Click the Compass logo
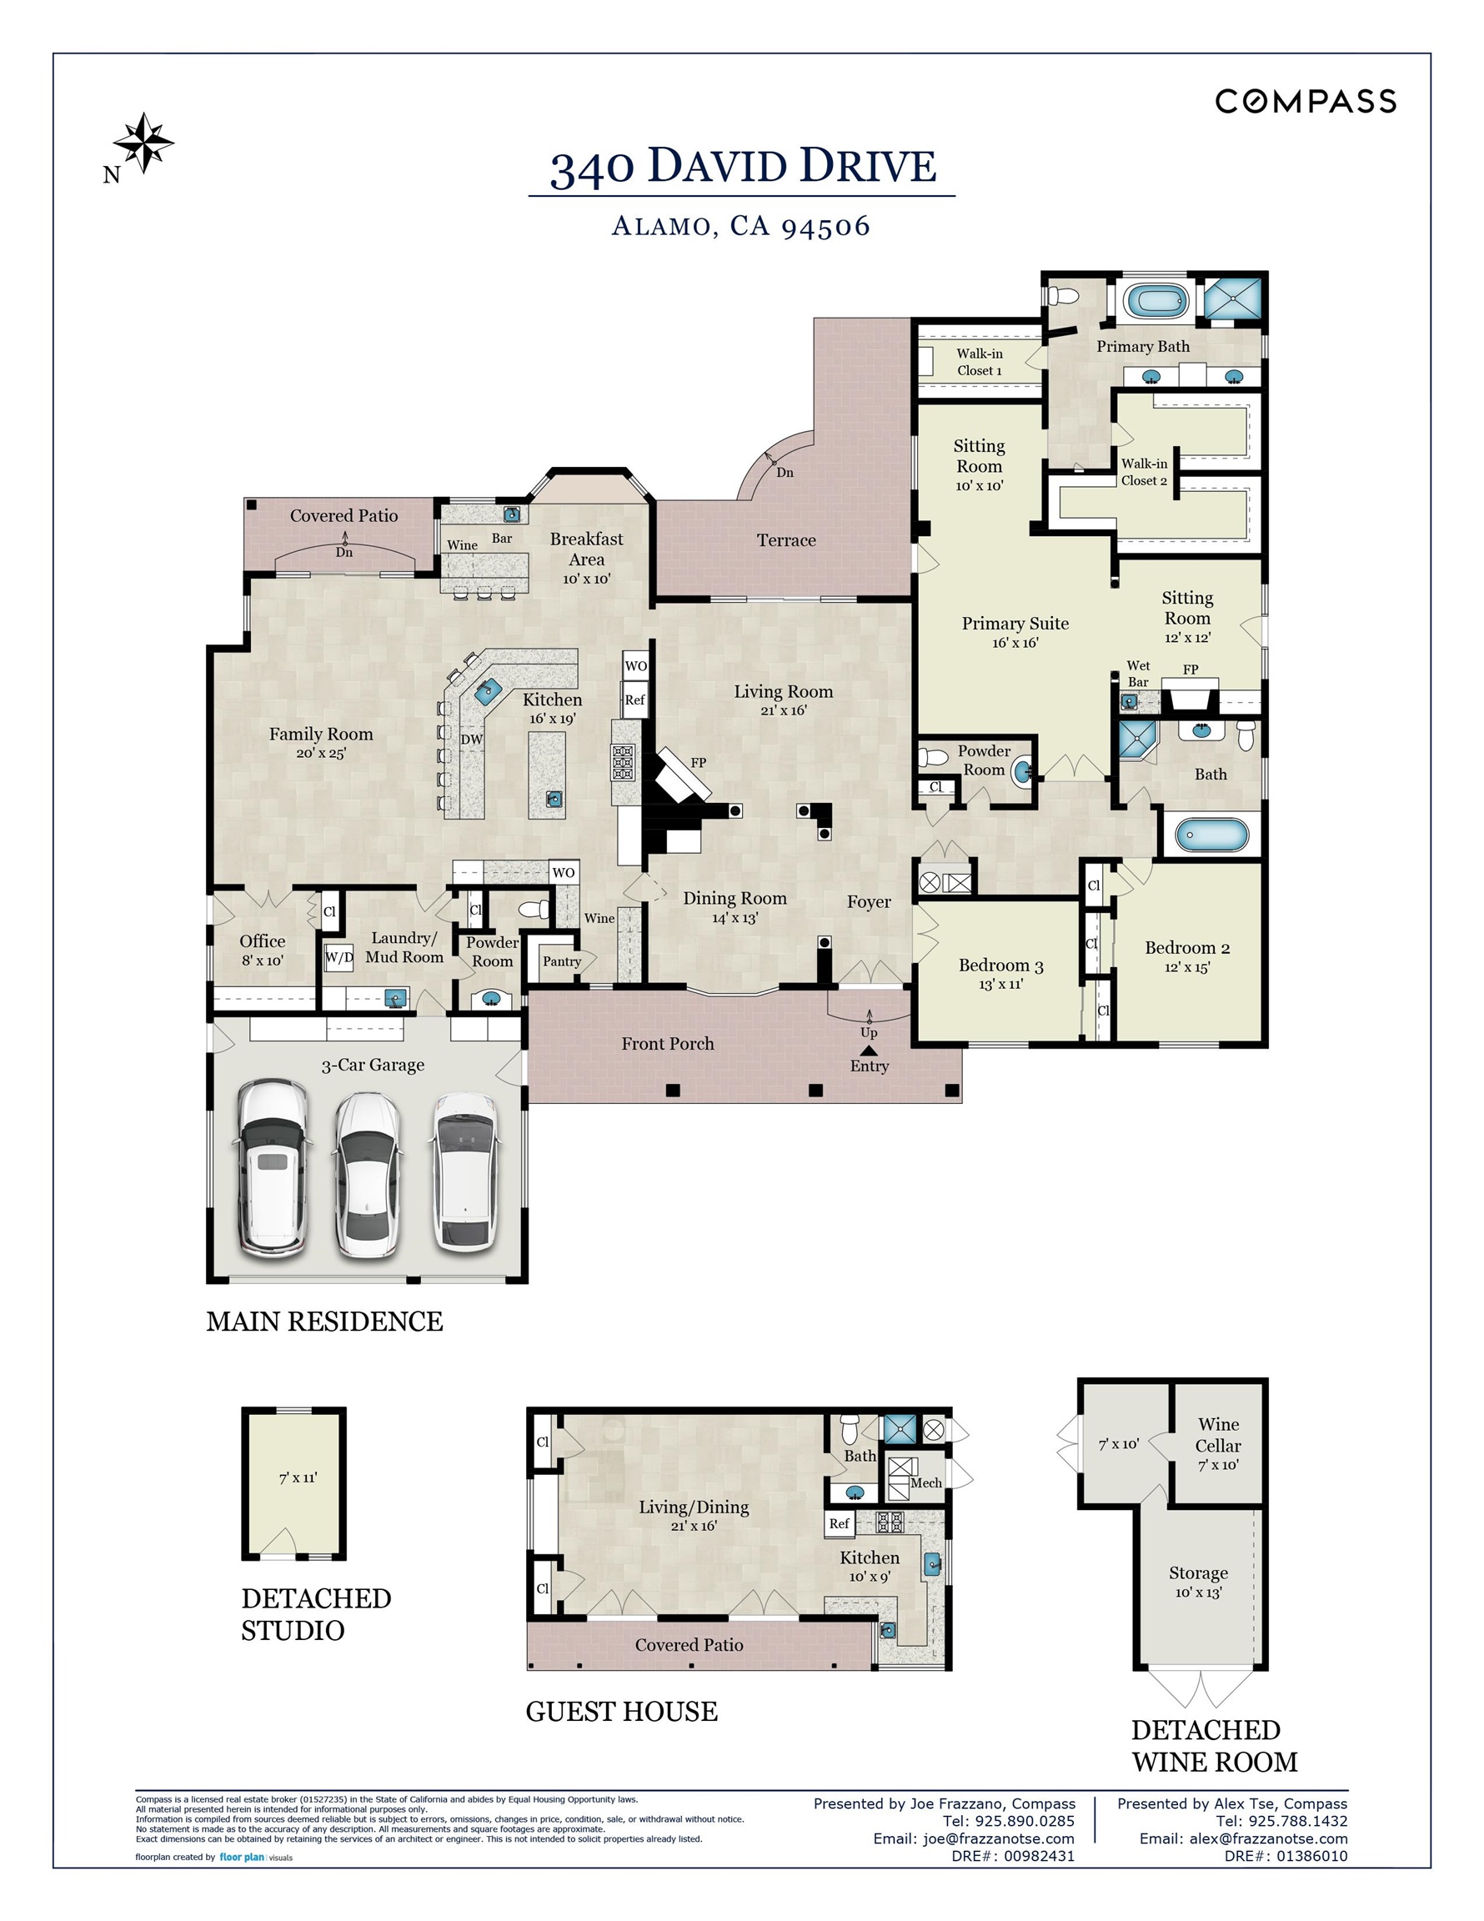pyautogui.click(x=1305, y=102)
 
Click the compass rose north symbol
pyautogui.click(x=143, y=143)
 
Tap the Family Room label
pyautogui.click(x=320, y=735)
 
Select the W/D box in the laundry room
pyautogui.click(x=338, y=957)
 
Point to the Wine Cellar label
pyautogui.click(x=1217, y=1435)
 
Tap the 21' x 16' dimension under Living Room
pyautogui.click(x=783, y=710)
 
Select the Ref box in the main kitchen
pyautogui.click(x=634, y=700)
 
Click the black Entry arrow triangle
pyautogui.click(x=868, y=1051)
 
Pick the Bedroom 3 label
pyautogui.click(x=1000, y=966)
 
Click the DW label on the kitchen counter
pyautogui.click(x=472, y=739)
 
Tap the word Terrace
pyautogui.click(x=785, y=540)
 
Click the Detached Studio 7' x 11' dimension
pyautogui.click(x=298, y=1477)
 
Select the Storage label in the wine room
pyautogui.click(x=1197, y=1572)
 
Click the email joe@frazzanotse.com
pyautogui.click(x=974, y=1838)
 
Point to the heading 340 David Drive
pyautogui.click(x=743, y=167)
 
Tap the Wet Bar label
pyautogui.click(x=1137, y=674)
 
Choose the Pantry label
pyautogui.click(x=561, y=961)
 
